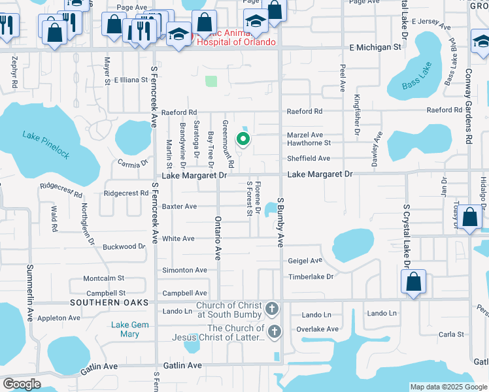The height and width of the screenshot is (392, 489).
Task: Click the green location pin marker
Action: point(243,139)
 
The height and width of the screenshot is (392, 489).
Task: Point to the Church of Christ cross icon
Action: point(273,308)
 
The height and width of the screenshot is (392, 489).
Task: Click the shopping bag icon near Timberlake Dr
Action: point(413,283)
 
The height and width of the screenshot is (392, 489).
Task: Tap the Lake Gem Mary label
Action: point(125,329)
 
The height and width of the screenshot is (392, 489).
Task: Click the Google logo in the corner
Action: point(22,384)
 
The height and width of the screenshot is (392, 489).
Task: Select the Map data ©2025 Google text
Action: point(448,387)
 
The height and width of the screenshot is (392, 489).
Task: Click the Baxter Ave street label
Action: point(179,206)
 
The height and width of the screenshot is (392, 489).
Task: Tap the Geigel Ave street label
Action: point(305,260)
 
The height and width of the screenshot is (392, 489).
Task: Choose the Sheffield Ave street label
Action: point(309,158)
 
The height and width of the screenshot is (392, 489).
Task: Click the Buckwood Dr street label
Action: point(124,247)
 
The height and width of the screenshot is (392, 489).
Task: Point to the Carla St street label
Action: point(451,335)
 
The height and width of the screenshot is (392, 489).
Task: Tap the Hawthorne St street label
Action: point(309,142)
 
